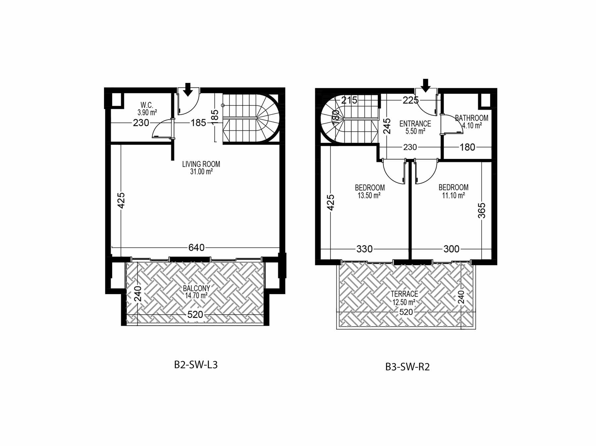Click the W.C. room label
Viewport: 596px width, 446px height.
click(x=147, y=105)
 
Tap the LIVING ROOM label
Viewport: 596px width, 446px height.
click(x=201, y=164)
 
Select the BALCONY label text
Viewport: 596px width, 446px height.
click(x=196, y=288)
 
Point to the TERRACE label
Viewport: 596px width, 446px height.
click(x=404, y=294)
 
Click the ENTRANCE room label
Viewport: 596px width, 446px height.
click(x=415, y=124)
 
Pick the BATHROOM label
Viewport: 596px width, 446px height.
click(x=472, y=118)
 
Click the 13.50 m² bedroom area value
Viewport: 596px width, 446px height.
click(x=369, y=196)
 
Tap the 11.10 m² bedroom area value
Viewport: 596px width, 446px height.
click(x=453, y=196)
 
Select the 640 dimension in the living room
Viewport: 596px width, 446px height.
click(x=196, y=247)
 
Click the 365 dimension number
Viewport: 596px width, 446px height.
click(x=482, y=211)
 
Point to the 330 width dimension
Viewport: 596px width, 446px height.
click(x=365, y=249)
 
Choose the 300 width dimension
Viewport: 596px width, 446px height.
click(x=451, y=249)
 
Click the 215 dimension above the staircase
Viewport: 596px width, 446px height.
click(x=349, y=100)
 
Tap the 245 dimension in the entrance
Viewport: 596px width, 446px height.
click(x=387, y=126)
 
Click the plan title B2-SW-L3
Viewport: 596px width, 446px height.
click(x=196, y=365)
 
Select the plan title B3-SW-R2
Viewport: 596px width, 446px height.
click(x=407, y=367)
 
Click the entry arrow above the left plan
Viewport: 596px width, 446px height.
click(x=188, y=90)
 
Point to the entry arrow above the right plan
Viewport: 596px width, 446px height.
click(x=425, y=85)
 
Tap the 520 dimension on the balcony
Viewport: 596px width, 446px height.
click(x=195, y=314)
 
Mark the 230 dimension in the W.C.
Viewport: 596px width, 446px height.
click(x=141, y=123)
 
